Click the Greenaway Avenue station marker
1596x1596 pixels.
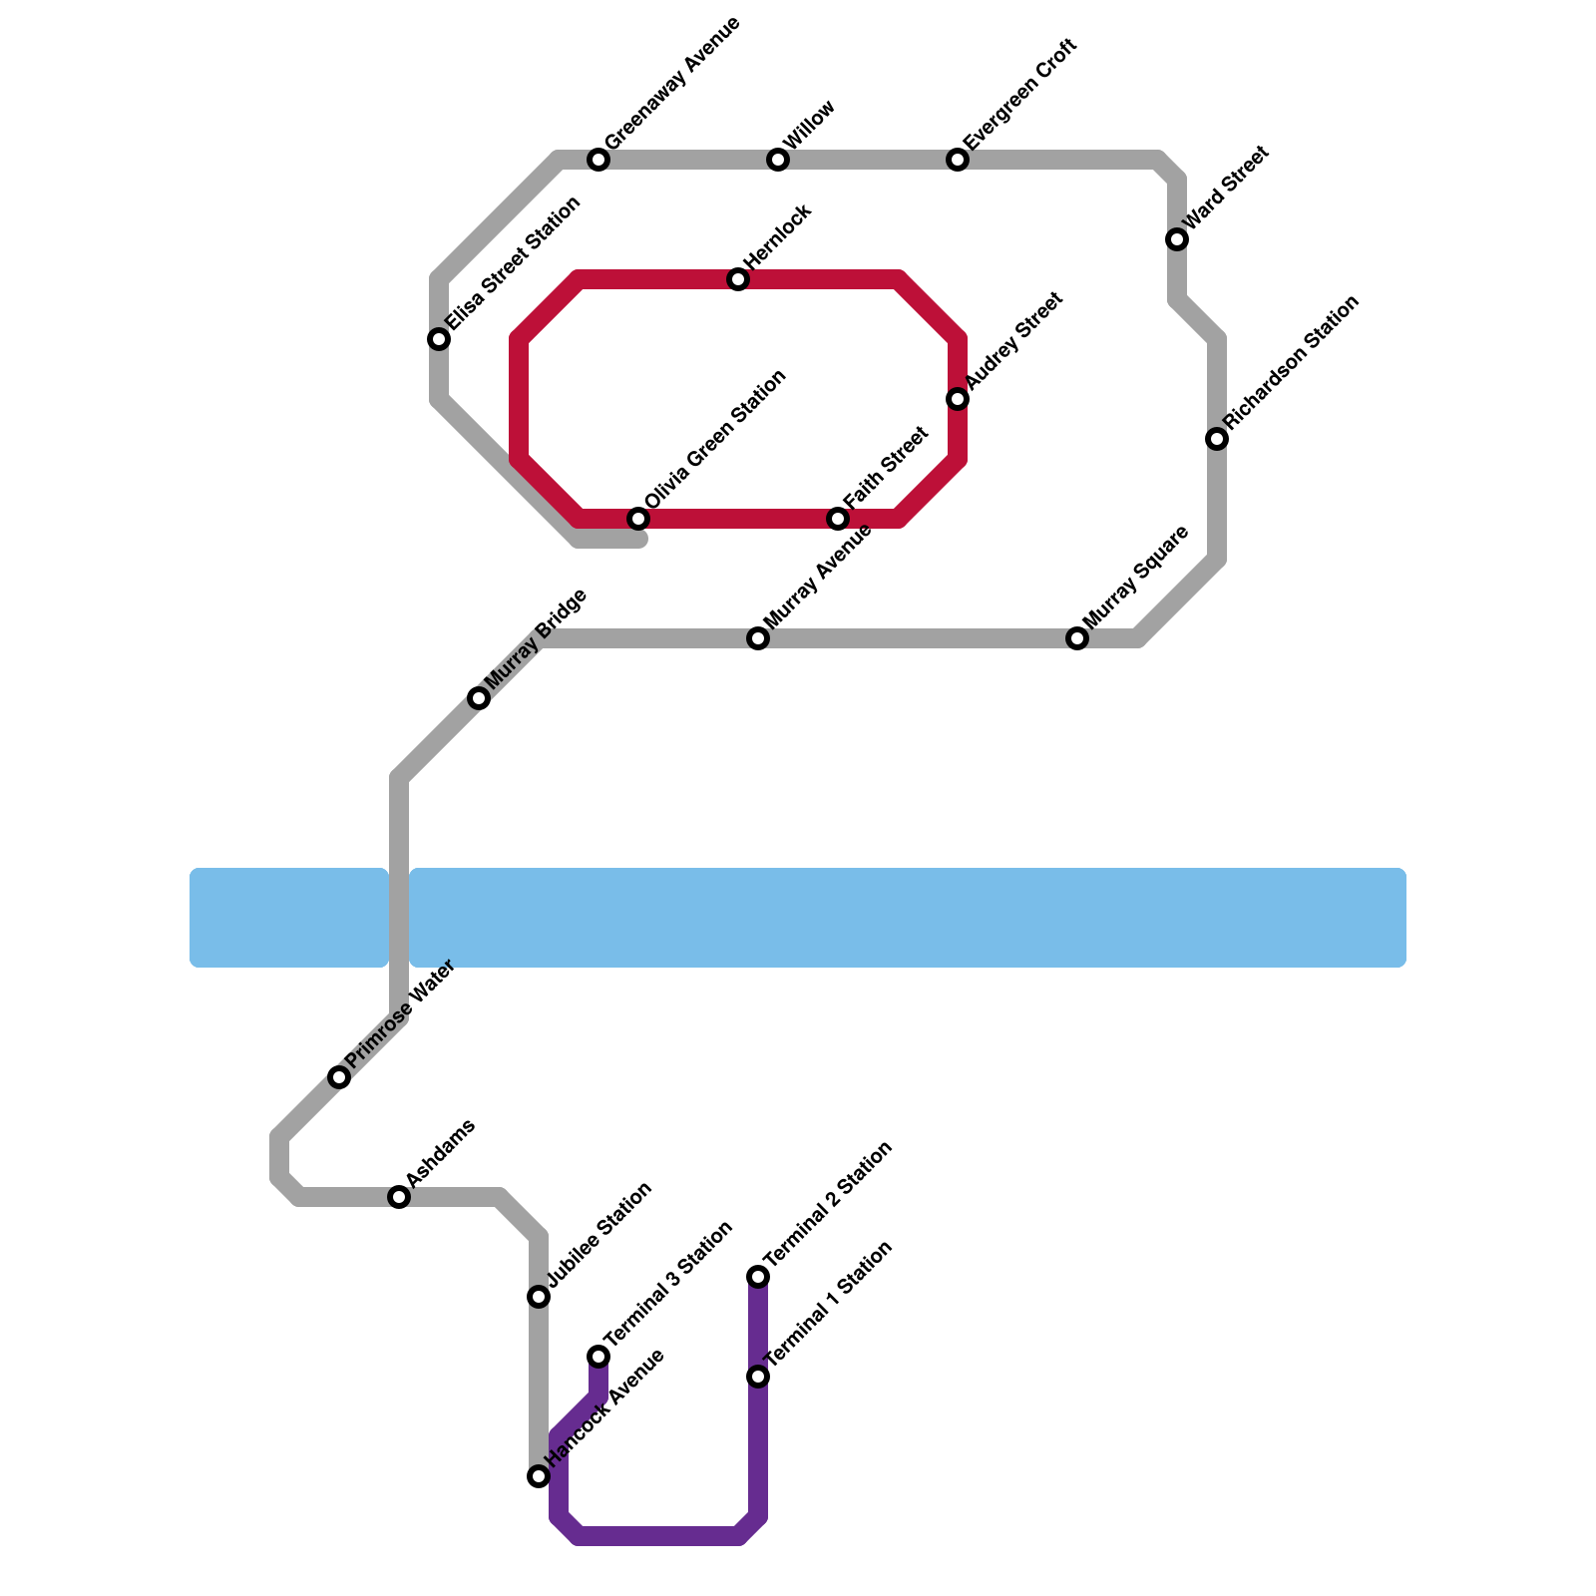point(598,160)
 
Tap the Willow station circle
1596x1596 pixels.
point(778,160)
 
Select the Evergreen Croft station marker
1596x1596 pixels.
point(958,160)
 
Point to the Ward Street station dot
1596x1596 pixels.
point(1177,239)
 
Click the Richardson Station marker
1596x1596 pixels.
point(1217,439)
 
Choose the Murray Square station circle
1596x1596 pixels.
point(1077,638)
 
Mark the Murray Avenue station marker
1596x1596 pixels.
point(758,638)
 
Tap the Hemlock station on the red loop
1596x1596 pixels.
point(738,279)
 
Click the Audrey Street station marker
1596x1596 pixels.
point(958,399)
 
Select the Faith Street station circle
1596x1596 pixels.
point(838,519)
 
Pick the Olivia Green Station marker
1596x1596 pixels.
point(638,519)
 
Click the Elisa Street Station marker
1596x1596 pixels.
point(439,339)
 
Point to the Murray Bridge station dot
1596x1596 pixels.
point(479,698)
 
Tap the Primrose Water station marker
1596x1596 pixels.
point(339,1077)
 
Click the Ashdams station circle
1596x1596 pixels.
point(399,1197)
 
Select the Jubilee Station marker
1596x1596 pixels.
point(539,1297)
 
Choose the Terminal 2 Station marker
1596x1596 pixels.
point(758,1277)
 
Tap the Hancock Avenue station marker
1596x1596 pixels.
point(539,1476)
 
